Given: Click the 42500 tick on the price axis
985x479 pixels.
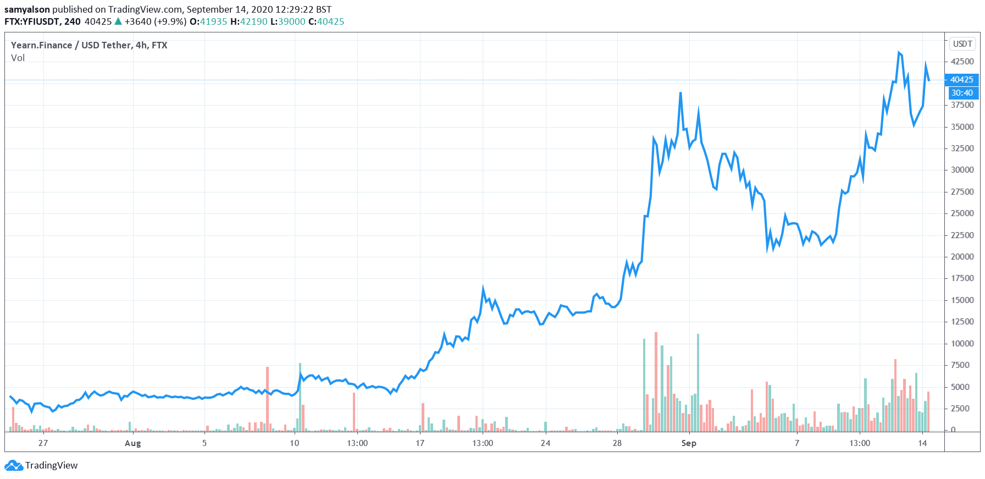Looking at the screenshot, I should pos(962,62).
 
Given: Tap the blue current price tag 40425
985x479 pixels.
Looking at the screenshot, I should pos(961,80).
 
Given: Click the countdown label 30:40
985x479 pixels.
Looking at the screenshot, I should pos(962,93).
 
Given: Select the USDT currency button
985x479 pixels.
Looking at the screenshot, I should pos(962,44).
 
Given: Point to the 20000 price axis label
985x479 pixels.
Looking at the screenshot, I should pos(962,257).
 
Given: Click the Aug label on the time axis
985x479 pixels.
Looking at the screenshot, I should pos(132,443).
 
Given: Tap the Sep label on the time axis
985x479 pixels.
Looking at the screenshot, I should pos(688,443).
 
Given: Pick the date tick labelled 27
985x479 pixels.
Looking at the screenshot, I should pos(43,443).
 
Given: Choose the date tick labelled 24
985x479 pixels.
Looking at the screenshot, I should pos(545,443).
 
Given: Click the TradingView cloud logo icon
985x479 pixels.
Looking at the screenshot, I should pos(14,466).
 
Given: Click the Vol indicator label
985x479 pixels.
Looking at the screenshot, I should pos(18,58).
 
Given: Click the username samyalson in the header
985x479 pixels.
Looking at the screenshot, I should pos(27,9).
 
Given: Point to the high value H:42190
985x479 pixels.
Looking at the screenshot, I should pos(248,21).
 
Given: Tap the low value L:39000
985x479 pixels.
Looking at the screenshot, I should pos(287,21).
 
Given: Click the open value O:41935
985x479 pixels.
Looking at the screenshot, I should pos(208,21).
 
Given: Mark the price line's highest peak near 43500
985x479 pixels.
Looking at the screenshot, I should pos(899,53).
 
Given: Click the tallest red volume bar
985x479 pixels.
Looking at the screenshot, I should pos(656,382).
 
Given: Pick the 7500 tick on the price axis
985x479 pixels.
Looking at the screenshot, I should pos(962,365).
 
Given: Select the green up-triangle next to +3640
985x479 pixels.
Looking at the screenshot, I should pos(118,21).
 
